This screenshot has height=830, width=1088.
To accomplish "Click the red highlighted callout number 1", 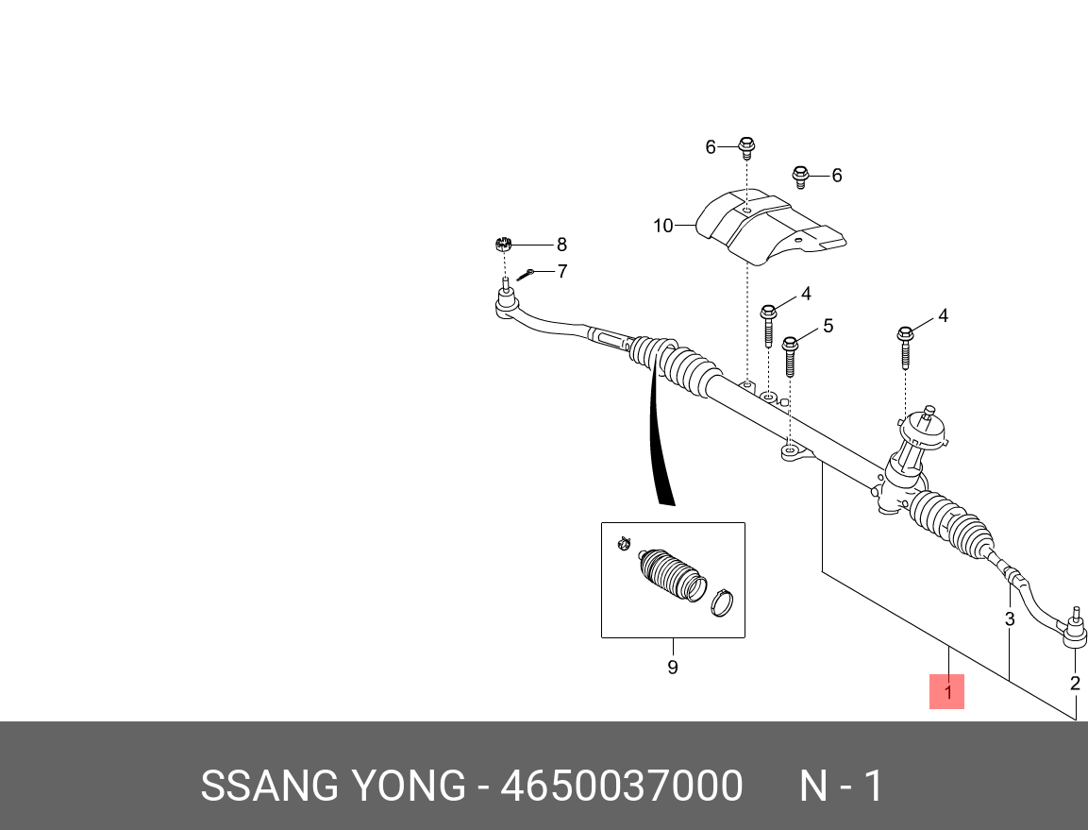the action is pos(946,691).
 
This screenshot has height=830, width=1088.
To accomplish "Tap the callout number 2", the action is pos(1075,683).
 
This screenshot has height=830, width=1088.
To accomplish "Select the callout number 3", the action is pos(1009,619).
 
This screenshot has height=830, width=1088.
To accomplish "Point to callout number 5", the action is pos(828,326).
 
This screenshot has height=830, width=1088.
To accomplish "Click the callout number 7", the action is pos(561,272).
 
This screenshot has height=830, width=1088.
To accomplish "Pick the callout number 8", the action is pos(561,245).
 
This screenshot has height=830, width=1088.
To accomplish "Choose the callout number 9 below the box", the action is pos(673,668).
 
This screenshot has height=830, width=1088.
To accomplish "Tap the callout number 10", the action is pos(662,226).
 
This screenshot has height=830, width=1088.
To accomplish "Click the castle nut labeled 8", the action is pos(503,246).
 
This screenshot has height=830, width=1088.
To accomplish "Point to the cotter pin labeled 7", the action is pos(526,274).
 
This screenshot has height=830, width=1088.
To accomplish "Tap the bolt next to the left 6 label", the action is pos(746,147).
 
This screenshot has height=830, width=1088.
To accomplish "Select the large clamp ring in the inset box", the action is pos(722,601).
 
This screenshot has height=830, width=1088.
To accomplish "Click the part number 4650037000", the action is pos(621,786).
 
